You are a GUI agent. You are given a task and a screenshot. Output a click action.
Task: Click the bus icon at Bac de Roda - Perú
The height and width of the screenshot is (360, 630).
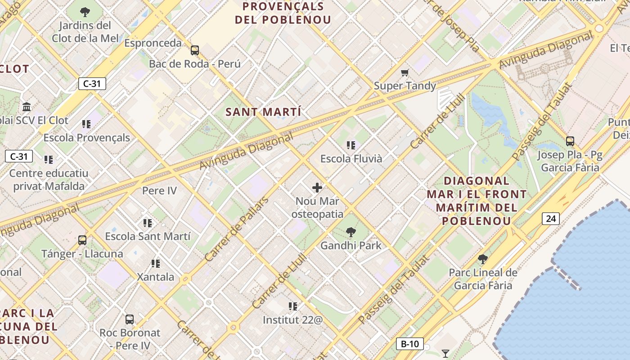click(195, 50)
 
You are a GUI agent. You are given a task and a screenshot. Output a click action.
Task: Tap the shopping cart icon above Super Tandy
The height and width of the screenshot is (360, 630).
click(405, 72)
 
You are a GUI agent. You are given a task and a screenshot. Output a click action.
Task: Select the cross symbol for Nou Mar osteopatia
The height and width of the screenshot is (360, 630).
click(317, 188)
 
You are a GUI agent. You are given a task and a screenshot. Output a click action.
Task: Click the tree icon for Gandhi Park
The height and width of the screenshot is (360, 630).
click(351, 232)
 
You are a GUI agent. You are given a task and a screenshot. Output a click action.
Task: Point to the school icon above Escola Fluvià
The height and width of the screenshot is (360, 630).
click(351, 145)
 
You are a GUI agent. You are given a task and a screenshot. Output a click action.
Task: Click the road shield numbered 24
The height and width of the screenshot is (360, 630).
click(551, 219)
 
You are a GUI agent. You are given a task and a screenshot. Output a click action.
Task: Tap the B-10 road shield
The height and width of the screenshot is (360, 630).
click(409, 344)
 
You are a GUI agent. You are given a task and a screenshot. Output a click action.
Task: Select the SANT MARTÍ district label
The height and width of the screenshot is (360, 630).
click(264, 112)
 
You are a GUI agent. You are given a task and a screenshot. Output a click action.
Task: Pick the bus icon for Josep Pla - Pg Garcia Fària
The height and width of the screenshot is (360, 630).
click(570, 141)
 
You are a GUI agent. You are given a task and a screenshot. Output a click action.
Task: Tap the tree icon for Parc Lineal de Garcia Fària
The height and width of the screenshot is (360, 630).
click(483, 259)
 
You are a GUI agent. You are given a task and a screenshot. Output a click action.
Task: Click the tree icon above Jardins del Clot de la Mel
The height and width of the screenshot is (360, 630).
click(85, 12)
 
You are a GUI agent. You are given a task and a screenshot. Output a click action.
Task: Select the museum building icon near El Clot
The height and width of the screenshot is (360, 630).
click(27, 107)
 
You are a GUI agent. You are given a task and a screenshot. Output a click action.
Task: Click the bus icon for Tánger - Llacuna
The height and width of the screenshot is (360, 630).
click(82, 240)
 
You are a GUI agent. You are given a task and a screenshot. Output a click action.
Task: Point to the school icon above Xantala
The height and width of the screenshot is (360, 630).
click(156, 263)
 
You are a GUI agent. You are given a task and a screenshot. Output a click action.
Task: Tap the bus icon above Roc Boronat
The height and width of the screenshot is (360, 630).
click(130, 319)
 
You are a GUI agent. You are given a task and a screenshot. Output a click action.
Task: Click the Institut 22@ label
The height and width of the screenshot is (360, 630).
click(293, 320)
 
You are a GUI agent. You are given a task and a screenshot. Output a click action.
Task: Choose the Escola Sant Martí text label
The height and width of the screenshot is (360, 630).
click(148, 236)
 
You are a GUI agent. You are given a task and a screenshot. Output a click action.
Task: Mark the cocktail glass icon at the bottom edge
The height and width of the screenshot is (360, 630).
click(445, 354)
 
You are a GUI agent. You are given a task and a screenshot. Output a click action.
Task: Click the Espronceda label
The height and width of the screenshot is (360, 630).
click(153, 43)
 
